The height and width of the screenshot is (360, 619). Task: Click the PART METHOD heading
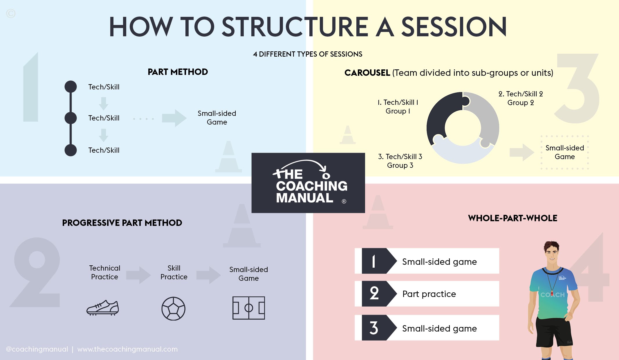coord(178,72)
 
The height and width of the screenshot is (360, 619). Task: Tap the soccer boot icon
coord(103,308)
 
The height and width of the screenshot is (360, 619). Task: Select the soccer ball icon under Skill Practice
coord(173,308)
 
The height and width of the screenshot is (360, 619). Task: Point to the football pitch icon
coord(248,308)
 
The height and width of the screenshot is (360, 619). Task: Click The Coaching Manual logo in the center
coord(308,183)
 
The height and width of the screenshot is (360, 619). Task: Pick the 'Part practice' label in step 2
coord(429,294)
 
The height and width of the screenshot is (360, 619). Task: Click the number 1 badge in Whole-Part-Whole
coord(374,261)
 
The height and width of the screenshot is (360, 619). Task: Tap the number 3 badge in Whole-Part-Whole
coord(374,328)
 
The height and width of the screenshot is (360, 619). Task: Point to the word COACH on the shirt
coord(552,295)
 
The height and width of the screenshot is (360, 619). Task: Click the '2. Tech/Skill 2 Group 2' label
coord(521,98)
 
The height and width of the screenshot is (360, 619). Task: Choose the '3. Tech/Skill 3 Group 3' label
coord(400,161)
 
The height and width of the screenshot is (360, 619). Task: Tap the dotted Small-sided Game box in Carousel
coord(564,152)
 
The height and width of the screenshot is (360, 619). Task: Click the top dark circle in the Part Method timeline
coord(71,87)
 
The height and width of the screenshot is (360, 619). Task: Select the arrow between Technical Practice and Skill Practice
coord(138,275)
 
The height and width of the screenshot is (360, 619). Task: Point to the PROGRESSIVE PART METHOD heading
coord(122,223)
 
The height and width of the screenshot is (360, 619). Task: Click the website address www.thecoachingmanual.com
coord(127,349)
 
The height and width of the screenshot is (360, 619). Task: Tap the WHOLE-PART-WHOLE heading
coord(512,218)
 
